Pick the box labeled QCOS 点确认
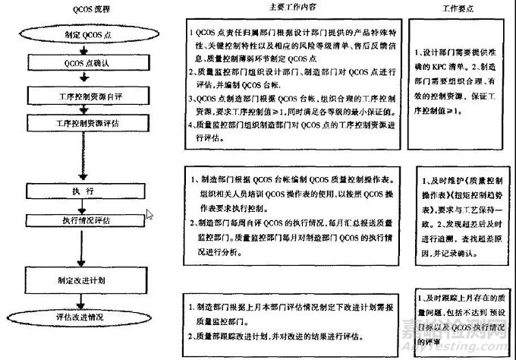click(72, 62)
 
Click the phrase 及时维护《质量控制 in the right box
click(463, 185)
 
